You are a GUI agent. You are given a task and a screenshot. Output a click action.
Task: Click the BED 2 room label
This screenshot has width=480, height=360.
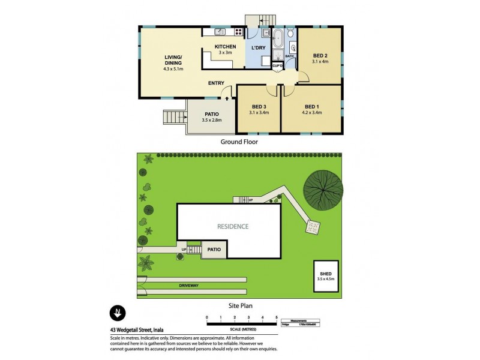[x=320, y=55]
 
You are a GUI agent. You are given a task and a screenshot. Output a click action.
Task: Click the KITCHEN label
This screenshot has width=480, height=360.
[x=225, y=46]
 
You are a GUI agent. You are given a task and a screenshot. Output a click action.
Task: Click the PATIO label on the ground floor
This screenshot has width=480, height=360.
[x=211, y=114]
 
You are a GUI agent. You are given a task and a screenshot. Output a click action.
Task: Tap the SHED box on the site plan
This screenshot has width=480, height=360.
[x=326, y=276]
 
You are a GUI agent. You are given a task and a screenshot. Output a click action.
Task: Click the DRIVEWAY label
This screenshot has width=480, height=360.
[x=188, y=286]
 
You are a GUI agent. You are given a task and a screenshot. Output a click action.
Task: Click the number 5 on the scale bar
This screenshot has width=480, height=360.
[x=276, y=316]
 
